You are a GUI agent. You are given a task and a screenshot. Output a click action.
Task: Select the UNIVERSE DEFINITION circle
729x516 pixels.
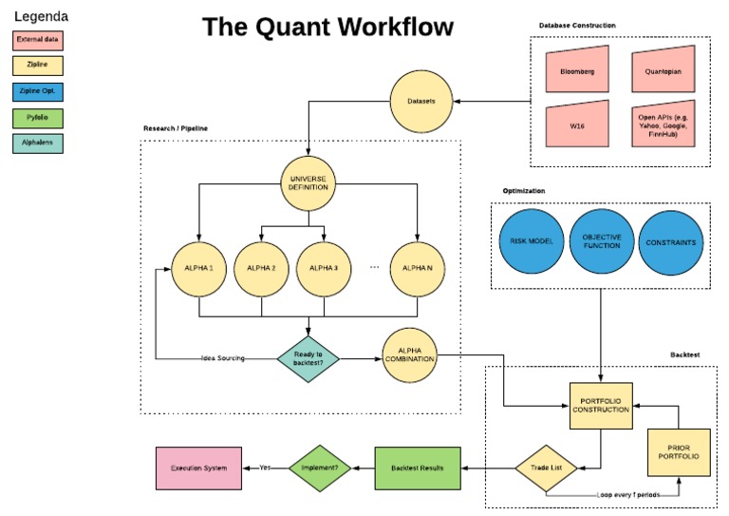tap(308, 182)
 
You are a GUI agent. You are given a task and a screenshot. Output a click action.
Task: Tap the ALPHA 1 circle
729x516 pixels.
tap(198, 269)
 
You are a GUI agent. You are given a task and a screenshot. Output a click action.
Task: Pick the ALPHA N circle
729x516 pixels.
tap(418, 269)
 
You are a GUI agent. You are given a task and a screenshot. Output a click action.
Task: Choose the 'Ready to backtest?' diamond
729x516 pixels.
tap(308, 358)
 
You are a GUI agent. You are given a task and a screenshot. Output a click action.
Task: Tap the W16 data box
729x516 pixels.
tap(577, 126)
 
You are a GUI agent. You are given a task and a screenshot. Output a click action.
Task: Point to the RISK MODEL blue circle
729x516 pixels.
tap(531, 242)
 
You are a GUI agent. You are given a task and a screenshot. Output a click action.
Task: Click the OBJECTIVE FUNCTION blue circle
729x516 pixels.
tap(601, 242)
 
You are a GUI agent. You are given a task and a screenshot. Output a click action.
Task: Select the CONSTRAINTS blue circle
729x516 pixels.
tap(671, 242)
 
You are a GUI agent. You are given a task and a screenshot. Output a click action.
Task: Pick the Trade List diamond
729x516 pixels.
tap(548, 468)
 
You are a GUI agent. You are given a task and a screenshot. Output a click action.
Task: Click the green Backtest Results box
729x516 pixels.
tap(418, 468)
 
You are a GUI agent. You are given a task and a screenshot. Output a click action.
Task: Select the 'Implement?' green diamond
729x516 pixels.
tap(320, 468)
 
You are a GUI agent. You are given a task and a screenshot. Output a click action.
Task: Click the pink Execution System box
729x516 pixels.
tap(198, 468)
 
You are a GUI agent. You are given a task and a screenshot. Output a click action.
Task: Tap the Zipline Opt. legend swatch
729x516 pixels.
tap(38, 92)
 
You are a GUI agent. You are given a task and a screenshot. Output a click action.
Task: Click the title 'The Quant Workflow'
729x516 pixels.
tap(327, 28)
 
